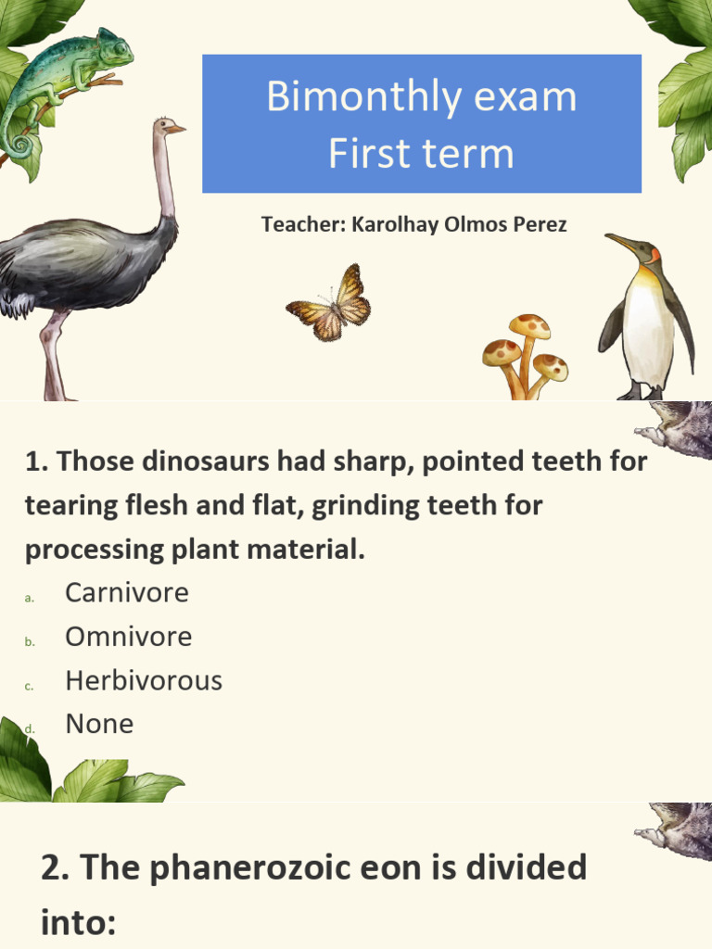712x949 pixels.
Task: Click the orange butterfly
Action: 330,302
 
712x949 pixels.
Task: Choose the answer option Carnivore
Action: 126,592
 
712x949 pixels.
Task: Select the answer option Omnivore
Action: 128,637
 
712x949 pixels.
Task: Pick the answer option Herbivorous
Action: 143,680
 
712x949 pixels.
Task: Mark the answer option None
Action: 99,724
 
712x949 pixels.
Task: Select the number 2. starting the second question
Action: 55,868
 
